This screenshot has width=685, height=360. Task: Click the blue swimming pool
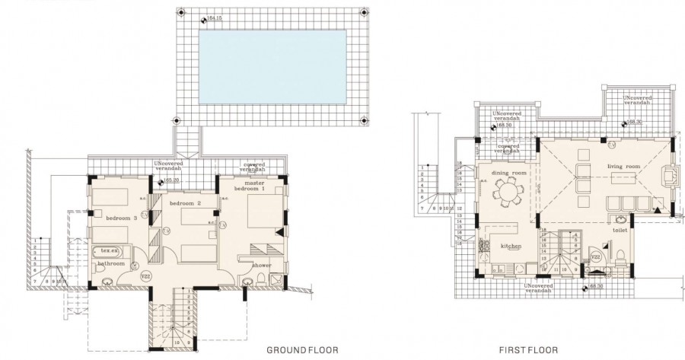(x=272, y=68)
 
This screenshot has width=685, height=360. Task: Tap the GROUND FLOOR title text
(x=301, y=351)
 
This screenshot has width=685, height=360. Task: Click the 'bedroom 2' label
(x=185, y=204)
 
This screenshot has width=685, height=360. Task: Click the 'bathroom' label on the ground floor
(x=109, y=264)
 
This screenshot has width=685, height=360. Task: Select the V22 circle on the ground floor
(x=147, y=276)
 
